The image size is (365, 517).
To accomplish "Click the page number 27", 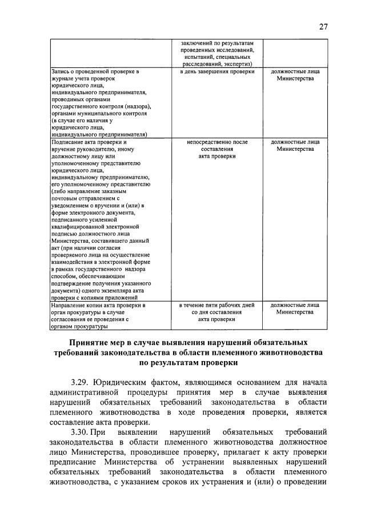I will point(324,26).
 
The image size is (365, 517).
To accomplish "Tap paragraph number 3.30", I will point(82,432).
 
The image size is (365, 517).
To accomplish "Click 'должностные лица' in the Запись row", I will point(295,72).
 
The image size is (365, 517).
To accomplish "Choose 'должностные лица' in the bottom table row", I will point(295,306).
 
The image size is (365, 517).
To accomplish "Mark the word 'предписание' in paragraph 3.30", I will point(76,463).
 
